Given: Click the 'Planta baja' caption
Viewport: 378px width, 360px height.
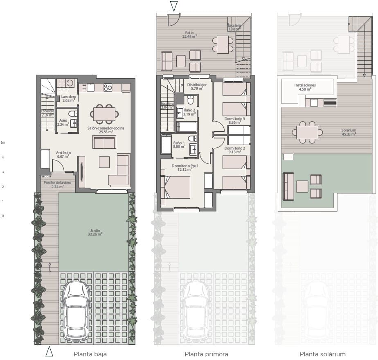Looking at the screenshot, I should (x=90, y=354).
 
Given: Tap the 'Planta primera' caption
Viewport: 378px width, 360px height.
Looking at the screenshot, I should (x=206, y=354).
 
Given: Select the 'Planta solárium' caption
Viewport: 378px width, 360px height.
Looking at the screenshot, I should (x=322, y=354).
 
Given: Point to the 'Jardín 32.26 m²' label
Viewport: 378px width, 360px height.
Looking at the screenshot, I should (x=95, y=232).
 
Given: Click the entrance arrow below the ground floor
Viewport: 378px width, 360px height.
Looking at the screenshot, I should (x=49, y=351).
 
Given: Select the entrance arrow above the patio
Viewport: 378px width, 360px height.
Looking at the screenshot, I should (x=174, y=6).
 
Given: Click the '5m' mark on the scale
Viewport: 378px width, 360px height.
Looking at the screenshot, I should (x=3, y=143).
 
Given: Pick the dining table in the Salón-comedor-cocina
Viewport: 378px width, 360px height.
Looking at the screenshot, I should (x=104, y=114).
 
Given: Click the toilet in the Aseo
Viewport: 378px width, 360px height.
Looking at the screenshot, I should (x=72, y=113).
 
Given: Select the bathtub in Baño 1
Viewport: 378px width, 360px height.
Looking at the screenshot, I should (x=166, y=144).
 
